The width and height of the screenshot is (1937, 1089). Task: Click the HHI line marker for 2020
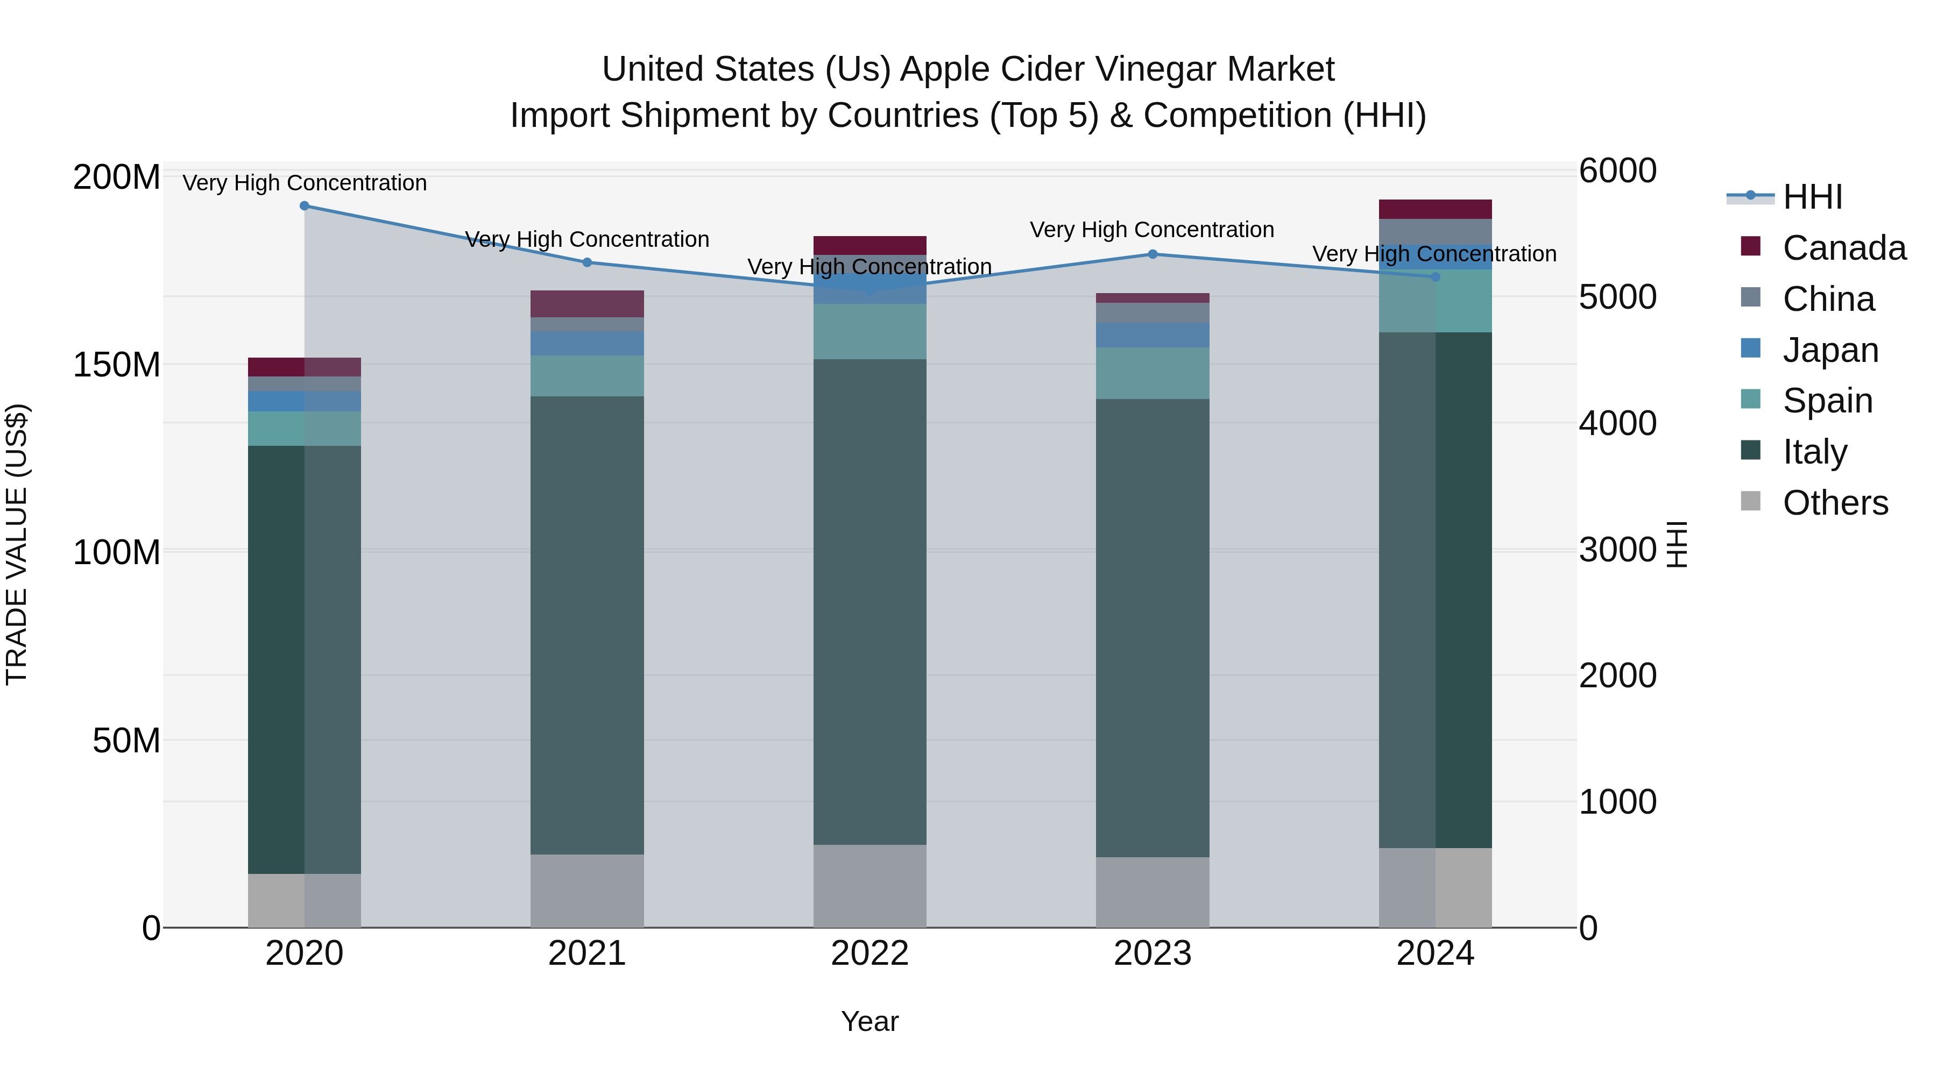305,206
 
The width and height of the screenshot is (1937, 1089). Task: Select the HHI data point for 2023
1153,254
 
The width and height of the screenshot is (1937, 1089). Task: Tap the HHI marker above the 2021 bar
587,262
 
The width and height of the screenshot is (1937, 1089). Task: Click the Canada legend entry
1844,248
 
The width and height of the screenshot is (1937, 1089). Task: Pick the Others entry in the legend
1835,503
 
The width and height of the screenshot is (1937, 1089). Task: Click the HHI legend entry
1812,197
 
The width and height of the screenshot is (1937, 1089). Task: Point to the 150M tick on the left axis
117,365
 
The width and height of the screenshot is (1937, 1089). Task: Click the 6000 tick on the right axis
1617,170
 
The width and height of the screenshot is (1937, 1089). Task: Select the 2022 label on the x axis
870,953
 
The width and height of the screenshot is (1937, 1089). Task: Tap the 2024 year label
1436,953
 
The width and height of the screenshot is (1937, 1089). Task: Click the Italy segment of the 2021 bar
587,624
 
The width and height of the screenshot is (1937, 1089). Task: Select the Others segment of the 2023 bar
1153,892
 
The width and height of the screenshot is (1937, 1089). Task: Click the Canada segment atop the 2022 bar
870,245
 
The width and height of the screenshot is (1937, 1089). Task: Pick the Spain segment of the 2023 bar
1153,373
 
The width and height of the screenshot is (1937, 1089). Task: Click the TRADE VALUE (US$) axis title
17,544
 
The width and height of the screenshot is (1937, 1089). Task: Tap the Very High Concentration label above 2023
1152,230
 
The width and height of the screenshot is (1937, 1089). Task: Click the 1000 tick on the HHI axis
1617,802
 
